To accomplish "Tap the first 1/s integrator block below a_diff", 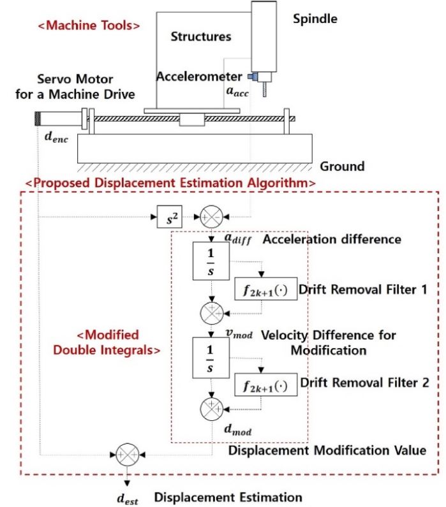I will click(210, 261).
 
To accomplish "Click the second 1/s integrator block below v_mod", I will click(210, 356).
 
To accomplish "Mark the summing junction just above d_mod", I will click(210, 406).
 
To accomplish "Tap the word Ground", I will click(342, 166).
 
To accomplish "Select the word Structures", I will click(201, 36).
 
